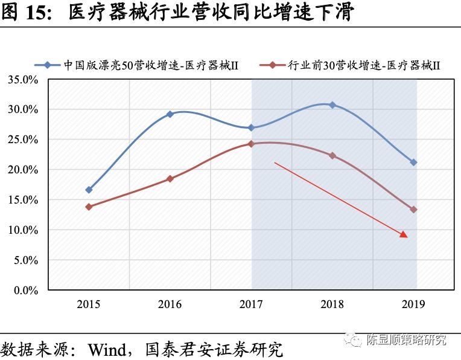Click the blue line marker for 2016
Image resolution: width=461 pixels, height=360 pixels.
click(x=170, y=114)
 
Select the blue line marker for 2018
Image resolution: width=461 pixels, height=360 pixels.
click(x=332, y=105)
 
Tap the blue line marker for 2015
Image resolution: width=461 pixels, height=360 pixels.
click(x=89, y=190)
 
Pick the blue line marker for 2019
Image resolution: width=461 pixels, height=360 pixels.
click(x=413, y=162)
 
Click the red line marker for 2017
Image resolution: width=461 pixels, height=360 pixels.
click(x=251, y=144)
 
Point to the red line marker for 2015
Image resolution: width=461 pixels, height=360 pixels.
click(x=89, y=207)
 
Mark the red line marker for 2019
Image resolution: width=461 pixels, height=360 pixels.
click(x=413, y=210)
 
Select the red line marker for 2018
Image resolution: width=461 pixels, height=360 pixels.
click(x=332, y=155)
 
